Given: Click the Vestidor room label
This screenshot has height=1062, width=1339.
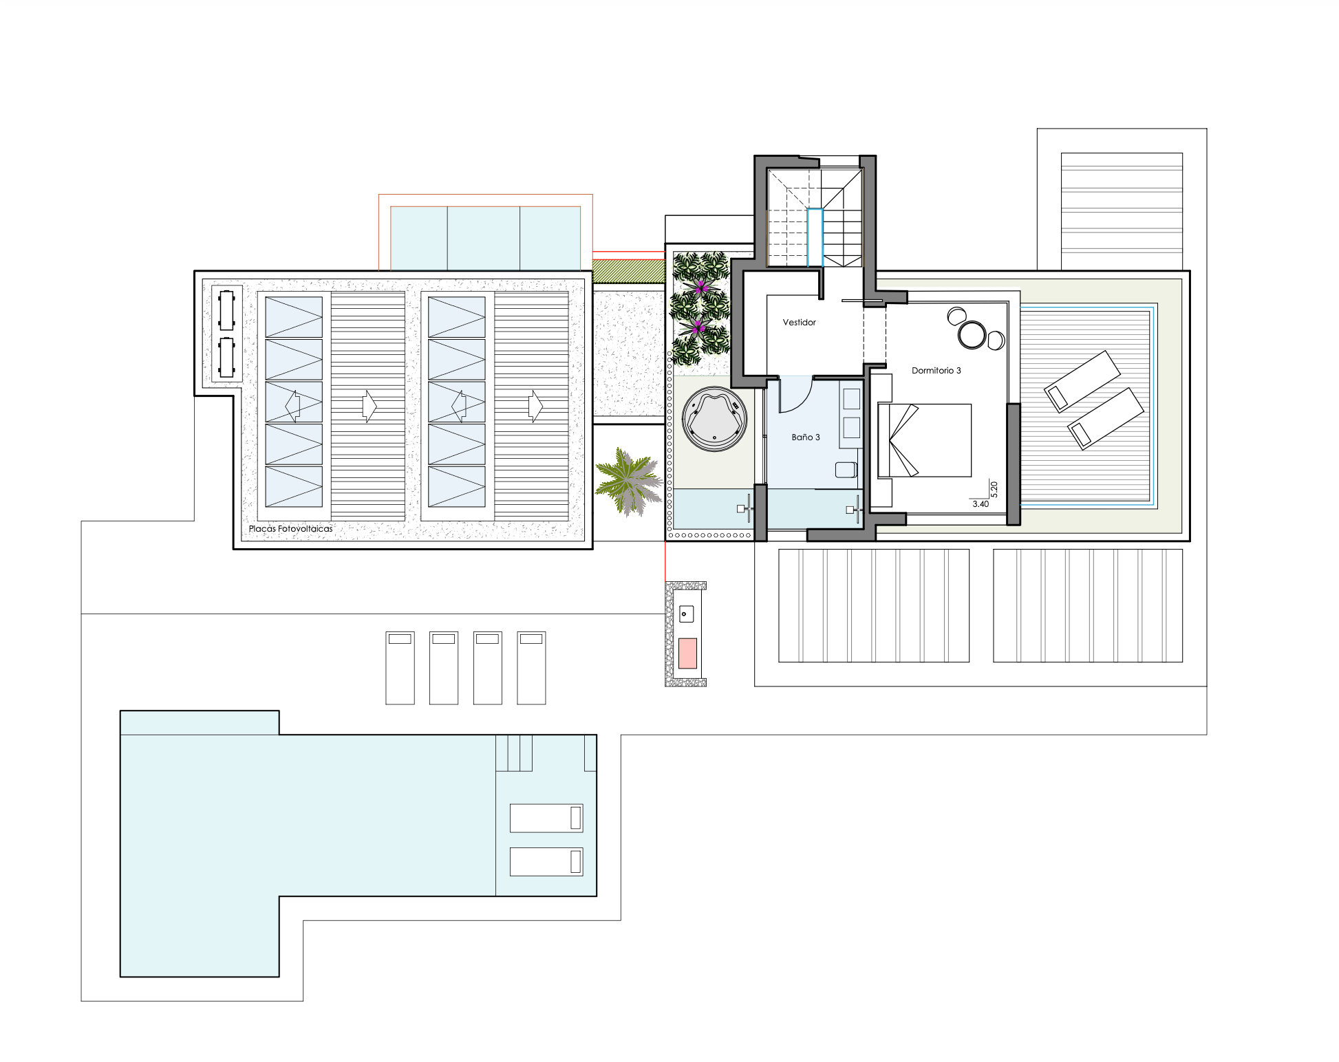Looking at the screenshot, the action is [799, 322].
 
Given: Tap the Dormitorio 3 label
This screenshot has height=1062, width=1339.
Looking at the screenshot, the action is [936, 370].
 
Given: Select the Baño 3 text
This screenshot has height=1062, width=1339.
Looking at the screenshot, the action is [805, 437].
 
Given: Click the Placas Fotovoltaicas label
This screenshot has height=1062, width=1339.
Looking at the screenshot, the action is [290, 528].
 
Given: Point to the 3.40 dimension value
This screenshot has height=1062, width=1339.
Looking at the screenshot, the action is [981, 504].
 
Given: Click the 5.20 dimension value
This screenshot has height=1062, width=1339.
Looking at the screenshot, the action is [994, 489].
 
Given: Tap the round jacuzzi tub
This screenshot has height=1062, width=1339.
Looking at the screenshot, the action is [714, 419].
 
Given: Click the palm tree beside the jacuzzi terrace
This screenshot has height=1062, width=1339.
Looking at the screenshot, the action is [629, 481].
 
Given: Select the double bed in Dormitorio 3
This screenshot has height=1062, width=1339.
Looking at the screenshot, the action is [924, 440].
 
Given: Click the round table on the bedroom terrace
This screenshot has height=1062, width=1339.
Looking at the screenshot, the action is [972, 335].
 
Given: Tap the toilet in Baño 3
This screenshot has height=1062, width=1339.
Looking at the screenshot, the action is [846, 470].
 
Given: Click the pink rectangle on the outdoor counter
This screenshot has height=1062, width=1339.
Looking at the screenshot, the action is [687, 653].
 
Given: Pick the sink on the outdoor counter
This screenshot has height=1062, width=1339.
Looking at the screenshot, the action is [686, 614].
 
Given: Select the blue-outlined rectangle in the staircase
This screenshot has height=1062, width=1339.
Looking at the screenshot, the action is [815, 237].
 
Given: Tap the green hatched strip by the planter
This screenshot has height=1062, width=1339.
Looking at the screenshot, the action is [628, 271].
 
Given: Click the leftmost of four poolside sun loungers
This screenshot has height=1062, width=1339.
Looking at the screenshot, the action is [400, 668].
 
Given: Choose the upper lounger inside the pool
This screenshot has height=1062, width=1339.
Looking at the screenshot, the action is [546, 818].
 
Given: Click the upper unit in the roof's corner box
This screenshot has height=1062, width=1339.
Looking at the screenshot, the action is [226, 310].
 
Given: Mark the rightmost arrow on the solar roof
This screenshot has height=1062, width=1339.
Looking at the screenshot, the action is [535, 406].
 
